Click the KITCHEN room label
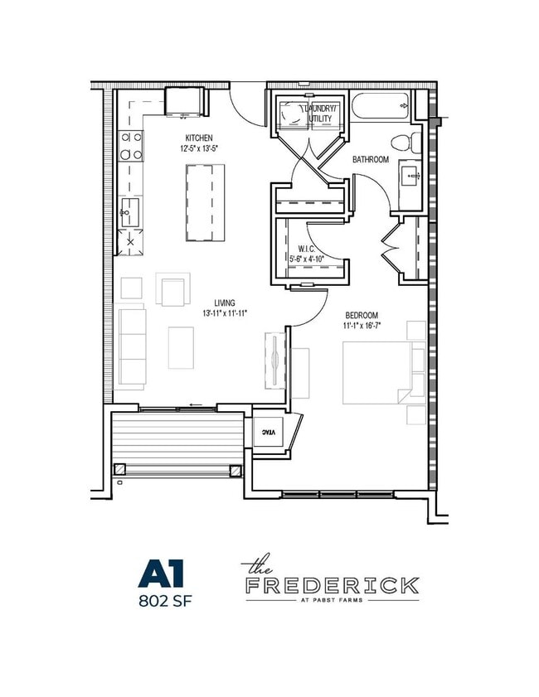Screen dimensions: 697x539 point(198,138)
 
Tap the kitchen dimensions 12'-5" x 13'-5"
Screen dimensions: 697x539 point(198,149)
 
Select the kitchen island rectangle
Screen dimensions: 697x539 point(206,202)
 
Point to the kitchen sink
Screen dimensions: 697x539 point(129,212)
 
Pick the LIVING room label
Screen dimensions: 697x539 point(225,303)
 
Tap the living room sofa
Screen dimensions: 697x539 point(132,348)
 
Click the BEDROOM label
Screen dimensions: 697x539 point(362,315)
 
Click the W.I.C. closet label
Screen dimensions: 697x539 point(306,249)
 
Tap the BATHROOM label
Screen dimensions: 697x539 point(371,159)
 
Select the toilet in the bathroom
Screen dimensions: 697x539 point(403,141)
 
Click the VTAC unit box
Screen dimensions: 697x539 point(269,433)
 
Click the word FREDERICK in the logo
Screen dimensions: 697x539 point(332,585)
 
